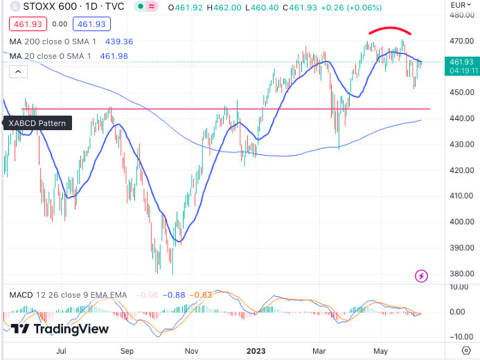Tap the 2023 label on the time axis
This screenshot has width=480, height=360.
click(257, 350)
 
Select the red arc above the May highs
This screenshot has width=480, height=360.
click(390, 29)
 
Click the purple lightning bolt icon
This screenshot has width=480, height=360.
click(421, 276)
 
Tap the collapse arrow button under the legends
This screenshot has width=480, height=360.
click(17, 71)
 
